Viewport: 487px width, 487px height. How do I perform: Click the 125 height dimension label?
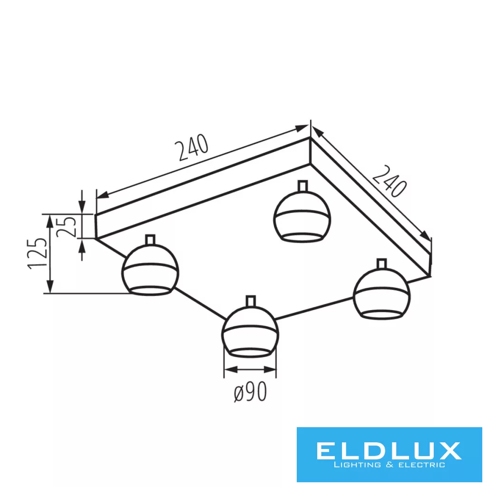click(38, 253)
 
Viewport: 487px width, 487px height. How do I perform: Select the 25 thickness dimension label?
click(66, 227)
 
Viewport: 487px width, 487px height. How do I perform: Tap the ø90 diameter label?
click(250, 392)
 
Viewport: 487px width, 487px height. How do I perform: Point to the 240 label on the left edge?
click(192, 147)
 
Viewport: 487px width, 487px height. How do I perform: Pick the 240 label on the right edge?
click(390, 181)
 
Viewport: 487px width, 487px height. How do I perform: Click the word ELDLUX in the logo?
click(389, 451)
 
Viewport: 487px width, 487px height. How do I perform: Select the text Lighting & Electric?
click(389, 465)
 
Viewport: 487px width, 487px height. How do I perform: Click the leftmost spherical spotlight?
click(150, 269)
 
